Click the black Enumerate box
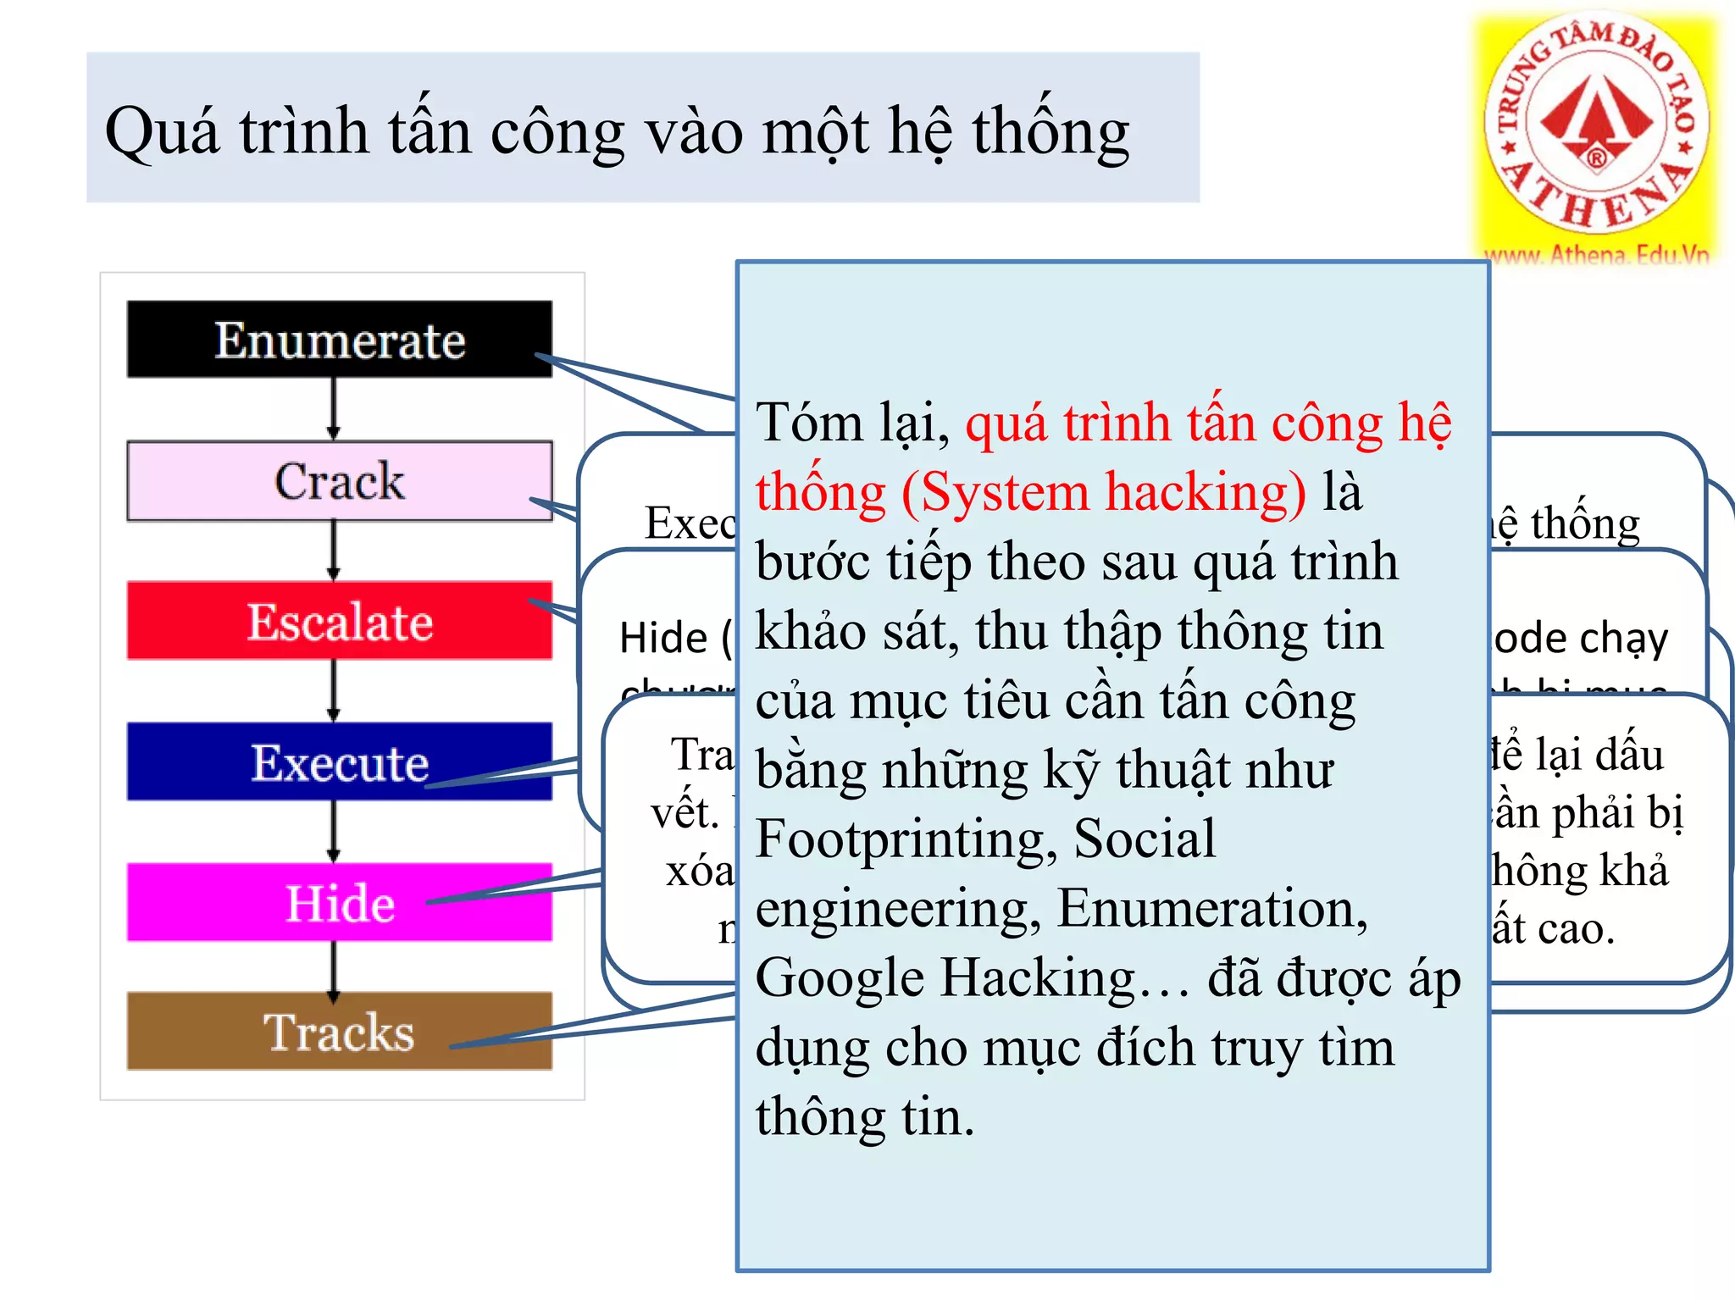point(339,339)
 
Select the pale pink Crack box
point(339,480)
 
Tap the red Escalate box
point(339,621)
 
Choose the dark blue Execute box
point(339,761)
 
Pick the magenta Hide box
point(339,902)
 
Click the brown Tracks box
point(339,1031)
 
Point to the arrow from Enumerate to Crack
point(334,408)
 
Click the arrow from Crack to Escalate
point(334,550)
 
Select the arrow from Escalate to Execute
point(334,690)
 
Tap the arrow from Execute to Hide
point(334,831)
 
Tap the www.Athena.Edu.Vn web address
point(1596,255)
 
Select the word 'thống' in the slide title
point(1050,133)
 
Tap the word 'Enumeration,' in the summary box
point(1212,908)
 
